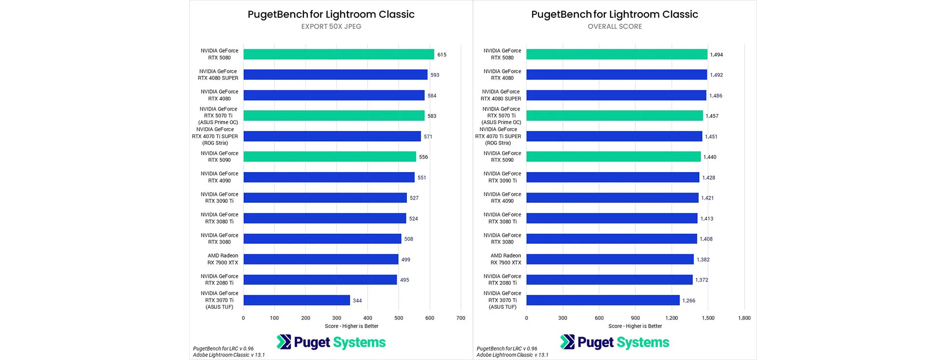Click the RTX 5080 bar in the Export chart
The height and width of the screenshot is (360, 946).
coord(338,55)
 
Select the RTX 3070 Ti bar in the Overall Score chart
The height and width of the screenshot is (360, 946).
coord(602,300)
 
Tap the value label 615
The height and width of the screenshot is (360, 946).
coord(442,55)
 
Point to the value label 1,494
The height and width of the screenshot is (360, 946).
coord(716,55)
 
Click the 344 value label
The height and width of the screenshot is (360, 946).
coord(357,301)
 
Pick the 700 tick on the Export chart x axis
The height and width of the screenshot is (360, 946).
coord(460,318)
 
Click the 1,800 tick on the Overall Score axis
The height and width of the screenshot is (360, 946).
coord(744,318)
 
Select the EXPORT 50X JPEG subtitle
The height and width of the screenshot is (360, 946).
coord(331,27)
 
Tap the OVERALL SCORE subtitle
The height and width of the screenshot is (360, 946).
coord(615,27)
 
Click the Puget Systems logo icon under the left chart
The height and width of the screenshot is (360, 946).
coord(284,342)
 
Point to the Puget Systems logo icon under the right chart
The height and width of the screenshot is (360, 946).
coord(567,342)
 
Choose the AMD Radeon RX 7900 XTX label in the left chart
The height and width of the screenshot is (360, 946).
coord(223,259)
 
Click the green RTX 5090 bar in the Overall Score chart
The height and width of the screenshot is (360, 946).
coord(613,157)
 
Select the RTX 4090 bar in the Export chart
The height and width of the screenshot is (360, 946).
coord(329,177)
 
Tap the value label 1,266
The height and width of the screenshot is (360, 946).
coord(688,301)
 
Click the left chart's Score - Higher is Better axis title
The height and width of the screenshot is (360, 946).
coord(351,326)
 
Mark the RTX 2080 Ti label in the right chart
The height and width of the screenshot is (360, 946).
coord(502,279)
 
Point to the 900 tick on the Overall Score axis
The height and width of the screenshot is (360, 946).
coord(635,318)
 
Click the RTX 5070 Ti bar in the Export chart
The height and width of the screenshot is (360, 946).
coord(333,116)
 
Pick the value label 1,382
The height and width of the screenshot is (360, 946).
coord(703,259)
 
